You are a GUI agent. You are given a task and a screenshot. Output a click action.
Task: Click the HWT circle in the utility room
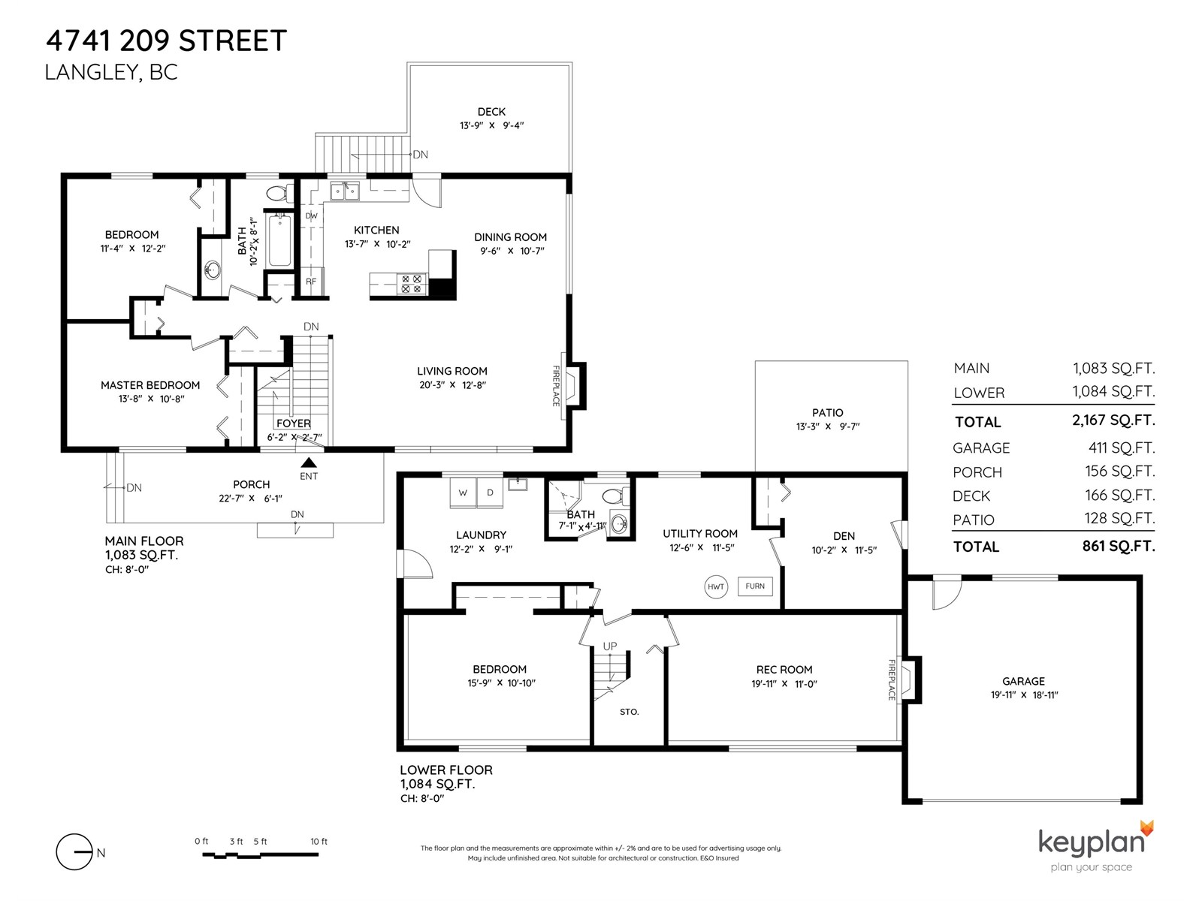coord(715,586)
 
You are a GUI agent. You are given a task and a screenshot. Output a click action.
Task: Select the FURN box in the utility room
coord(754,586)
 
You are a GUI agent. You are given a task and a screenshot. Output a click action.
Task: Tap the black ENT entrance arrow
coord(309,463)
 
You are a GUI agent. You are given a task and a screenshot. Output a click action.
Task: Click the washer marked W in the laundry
coord(463,493)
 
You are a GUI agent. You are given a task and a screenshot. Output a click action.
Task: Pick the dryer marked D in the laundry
coord(490,493)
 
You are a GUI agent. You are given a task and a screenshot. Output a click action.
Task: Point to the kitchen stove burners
coord(412,284)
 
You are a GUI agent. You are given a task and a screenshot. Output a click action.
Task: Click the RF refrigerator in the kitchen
coord(311,282)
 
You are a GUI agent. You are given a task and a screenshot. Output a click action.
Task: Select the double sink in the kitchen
coord(344,191)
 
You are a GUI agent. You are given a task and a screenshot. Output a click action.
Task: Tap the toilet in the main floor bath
coord(280,193)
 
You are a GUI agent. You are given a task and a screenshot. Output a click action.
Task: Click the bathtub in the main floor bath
coord(279,241)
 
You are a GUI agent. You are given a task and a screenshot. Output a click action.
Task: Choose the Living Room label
coord(452,371)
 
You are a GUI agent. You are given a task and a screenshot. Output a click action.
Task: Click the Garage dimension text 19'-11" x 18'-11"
coord(1023,695)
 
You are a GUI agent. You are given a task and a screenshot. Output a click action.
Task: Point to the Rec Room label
coord(784,670)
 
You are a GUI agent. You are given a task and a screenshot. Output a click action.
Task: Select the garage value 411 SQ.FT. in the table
coord(1122,447)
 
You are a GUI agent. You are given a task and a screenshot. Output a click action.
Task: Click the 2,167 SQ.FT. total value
coord(1114,420)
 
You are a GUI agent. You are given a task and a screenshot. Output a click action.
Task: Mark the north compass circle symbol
coord(74,852)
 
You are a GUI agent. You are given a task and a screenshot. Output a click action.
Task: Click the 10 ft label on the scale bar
coord(319,842)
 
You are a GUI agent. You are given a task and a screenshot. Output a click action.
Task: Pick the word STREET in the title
coord(233,41)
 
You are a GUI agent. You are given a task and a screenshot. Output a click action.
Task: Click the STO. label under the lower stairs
coord(630,712)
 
